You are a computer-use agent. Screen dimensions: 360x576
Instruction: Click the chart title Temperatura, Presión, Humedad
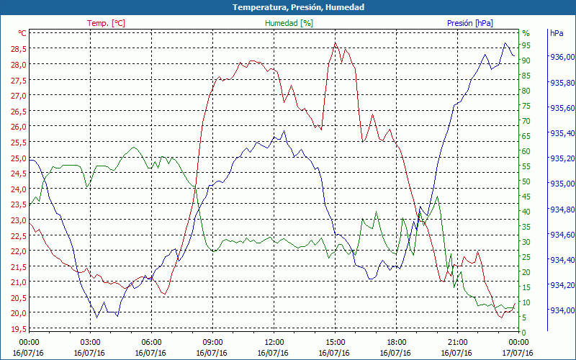[x=288, y=7]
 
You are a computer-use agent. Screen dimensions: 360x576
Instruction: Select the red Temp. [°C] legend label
[x=106, y=23]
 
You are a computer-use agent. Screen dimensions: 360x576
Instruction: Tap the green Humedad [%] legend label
[x=289, y=23]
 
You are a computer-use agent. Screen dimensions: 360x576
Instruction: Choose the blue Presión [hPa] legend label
[x=470, y=23]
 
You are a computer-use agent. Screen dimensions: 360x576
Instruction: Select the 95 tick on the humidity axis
[x=526, y=45]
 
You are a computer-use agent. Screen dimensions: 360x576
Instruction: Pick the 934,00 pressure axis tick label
[x=562, y=310]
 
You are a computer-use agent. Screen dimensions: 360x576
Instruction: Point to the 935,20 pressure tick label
[x=562, y=158]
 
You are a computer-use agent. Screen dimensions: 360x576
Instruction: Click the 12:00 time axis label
[x=274, y=342]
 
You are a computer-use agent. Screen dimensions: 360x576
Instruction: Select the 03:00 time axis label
[x=90, y=342]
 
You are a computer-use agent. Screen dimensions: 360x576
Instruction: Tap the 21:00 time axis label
[x=458, y=342]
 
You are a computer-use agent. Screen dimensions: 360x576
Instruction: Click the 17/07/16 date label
[x=519, y=353]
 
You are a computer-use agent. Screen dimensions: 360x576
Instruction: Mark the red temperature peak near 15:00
[x=335, y=43]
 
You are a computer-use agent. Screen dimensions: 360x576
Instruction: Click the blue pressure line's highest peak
[x=505, y=44]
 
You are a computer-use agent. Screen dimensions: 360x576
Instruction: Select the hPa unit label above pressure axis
[x=557, y=33]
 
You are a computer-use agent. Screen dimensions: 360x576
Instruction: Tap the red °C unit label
[x=22, y=33]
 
